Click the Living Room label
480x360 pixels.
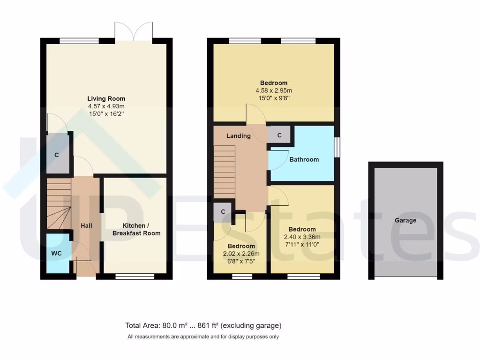tap(106, 98)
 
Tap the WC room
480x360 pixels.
tap(56, 253)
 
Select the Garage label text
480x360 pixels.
tap(405, 220)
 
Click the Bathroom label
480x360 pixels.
tap(304, 159)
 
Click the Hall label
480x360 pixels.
tap(86, 225)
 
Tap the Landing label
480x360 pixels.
tap(239, 136)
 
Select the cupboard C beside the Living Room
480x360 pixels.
tap(57, 155)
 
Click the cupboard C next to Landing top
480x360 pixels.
tap(279, 135)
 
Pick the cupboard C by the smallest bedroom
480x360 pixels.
tap(223, 211)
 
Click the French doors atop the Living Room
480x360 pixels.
tap(134, 32)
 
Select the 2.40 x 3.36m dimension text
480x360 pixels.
tap(302, 237)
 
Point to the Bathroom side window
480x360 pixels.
tap(337, 148)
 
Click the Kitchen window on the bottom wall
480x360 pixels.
tap(135, 277)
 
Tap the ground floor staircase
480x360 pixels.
tap(58, 204)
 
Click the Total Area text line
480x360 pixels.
tap(203, 325)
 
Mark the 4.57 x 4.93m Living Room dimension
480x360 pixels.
tap(106, 106)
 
